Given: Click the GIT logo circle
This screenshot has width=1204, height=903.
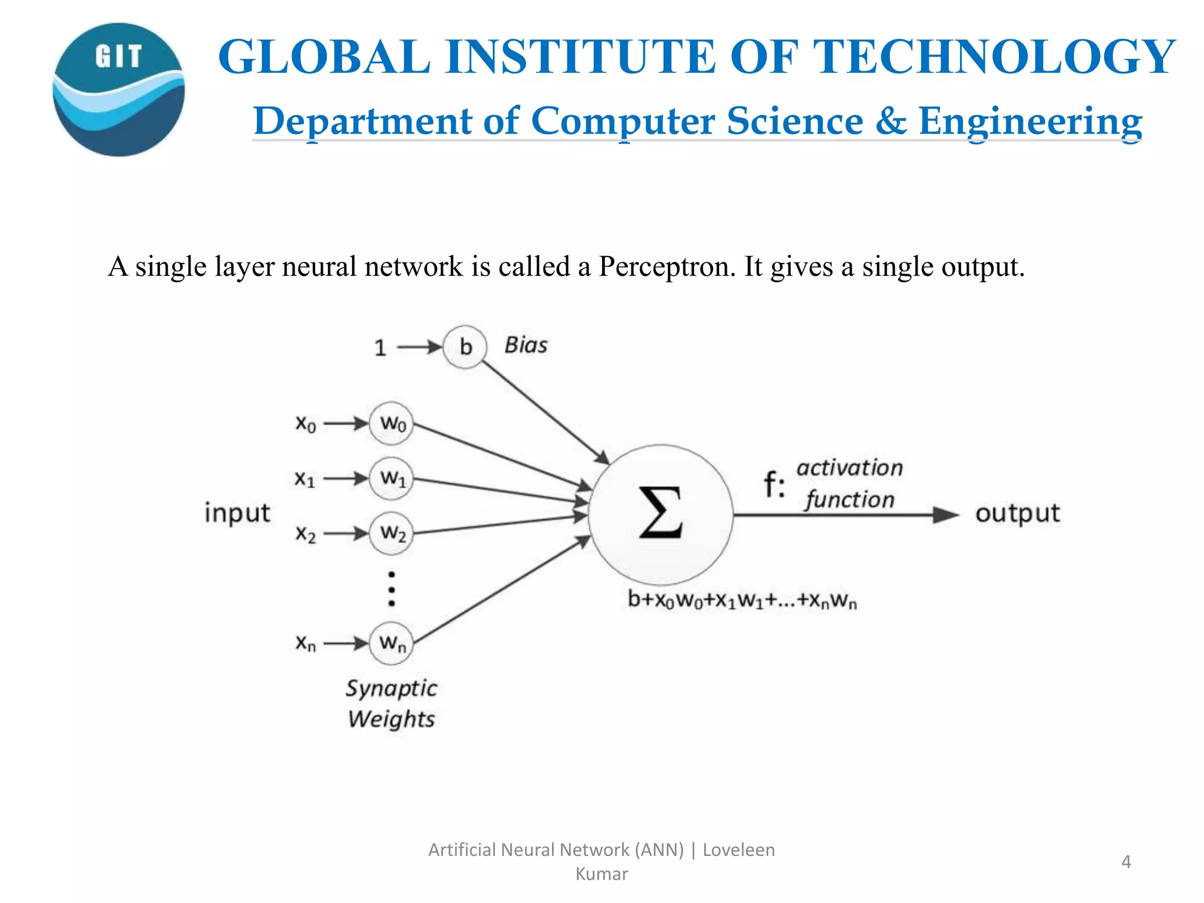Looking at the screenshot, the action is point(119,90).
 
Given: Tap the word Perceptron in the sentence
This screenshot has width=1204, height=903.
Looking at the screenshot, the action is point(667,267).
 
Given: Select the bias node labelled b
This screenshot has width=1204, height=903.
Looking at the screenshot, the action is point(465,347).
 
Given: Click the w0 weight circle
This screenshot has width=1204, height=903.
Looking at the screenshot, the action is point(392,423).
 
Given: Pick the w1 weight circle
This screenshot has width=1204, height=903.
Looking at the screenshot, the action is point(392,479).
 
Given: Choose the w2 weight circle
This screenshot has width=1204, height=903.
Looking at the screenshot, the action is point(392,534).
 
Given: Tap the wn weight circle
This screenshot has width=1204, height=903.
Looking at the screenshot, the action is point(392,643).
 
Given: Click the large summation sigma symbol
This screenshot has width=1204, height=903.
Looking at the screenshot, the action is point(660,513).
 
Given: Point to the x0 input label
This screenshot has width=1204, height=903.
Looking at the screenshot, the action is point(305,423).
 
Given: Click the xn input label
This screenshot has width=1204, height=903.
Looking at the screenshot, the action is point(305,643).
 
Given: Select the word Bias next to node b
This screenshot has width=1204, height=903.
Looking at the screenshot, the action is point(526,345).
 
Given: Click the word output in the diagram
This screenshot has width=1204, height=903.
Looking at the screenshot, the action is point(1017,514).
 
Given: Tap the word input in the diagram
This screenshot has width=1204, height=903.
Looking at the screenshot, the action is point(237,513).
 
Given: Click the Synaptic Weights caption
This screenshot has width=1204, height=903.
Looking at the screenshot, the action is point(391,704).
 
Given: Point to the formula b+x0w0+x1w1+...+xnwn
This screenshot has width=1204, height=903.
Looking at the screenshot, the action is point(742,600).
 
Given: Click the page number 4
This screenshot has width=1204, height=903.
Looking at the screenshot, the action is point(1126,862).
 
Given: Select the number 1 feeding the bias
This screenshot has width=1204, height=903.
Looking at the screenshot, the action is point(380,348).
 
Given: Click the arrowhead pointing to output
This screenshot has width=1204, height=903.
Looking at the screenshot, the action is point(946,515).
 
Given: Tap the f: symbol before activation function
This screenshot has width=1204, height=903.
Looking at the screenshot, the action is point(774,486).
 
